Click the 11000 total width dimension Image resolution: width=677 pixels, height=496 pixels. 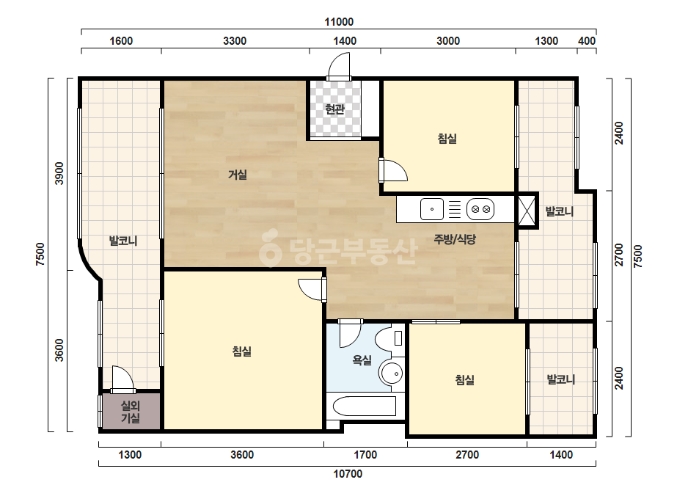click(x=339, y=21)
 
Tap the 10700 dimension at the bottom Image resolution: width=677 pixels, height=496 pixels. click(x=348, y=474)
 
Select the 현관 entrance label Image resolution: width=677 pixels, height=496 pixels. click(x=335, y=109)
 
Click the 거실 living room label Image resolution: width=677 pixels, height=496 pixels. click(x=238, y=175)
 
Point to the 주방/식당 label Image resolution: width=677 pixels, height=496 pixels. click(x=455, y=239)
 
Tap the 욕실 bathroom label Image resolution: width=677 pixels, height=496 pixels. click(x=362, y=360)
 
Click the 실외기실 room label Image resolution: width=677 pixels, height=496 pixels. click(x=130, y=412)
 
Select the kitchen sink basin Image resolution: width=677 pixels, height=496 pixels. click(x=432, y=209)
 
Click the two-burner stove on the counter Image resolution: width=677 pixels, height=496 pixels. click(x=480, y=209)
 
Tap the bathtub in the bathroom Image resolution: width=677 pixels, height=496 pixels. click(x=365, y=406)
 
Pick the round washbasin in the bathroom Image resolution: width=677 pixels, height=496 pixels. click(x=391, y=373)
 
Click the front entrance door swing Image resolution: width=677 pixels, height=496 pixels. click(x=339, y=67)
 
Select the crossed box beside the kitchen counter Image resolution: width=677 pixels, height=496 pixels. click(x=527, y=211)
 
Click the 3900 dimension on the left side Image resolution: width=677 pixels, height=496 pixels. click(x=59, y=173)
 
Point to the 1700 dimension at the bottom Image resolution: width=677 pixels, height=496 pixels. click(x=365, y=455)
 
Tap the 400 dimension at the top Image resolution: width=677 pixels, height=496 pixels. click(x=587, y=41)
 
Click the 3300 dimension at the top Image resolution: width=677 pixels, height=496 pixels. click(x=235, y=41)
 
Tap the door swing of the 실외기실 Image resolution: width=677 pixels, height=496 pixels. click(x=122, y=380)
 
